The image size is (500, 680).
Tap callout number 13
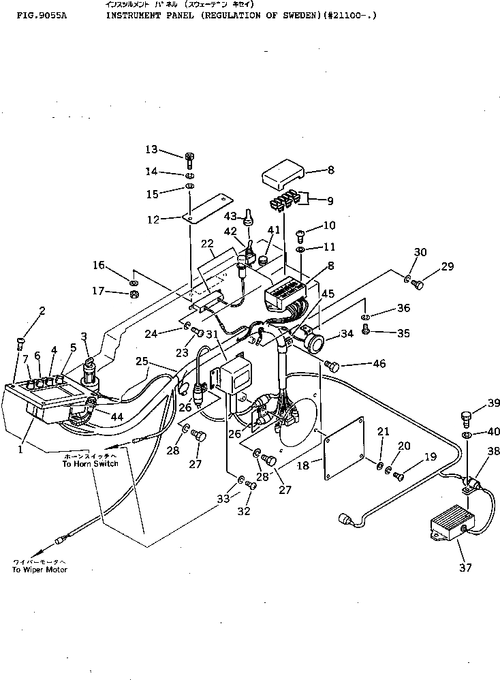point(151,149)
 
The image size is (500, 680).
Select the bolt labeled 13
point(190,159)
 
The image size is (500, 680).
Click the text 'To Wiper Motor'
point(40,570)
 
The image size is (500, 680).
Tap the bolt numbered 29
point(418,283)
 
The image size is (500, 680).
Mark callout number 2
point(42,311)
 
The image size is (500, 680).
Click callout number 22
point(207,244)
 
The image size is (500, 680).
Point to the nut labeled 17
point(134,294)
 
